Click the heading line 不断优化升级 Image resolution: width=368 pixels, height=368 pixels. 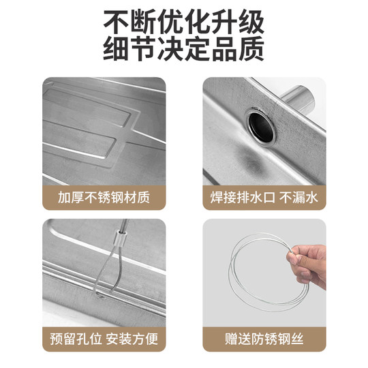[184, 22]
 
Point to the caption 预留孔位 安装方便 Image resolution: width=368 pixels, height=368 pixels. [104, 339]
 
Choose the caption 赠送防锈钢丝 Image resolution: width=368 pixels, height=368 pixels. [264, 339]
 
